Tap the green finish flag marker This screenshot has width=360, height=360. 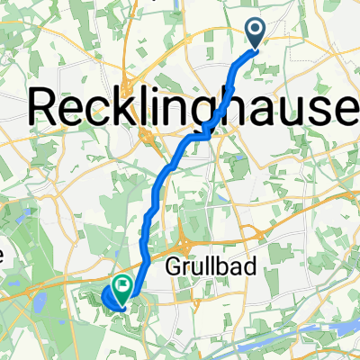coord(121,287)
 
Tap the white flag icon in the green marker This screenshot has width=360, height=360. coord(121,285)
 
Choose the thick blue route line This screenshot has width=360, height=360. coord(162,180)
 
